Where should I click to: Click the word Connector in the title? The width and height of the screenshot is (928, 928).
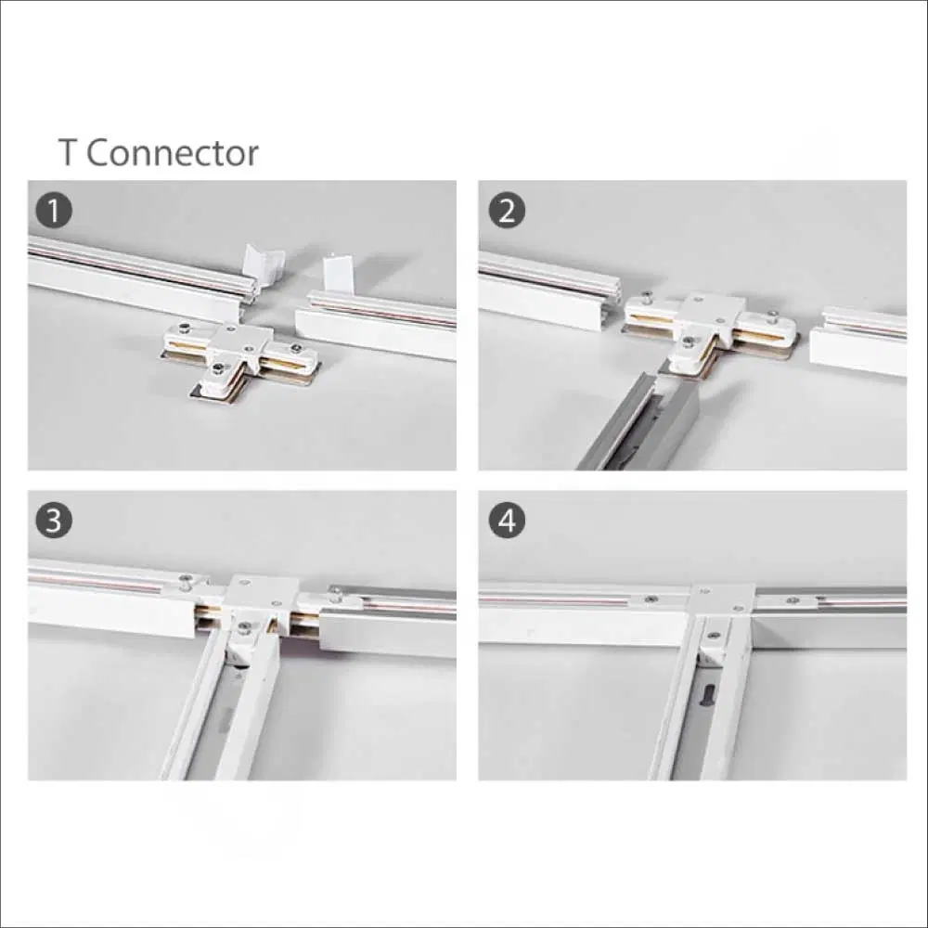point(173,153)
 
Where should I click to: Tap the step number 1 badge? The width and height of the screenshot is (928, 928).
point(54,211)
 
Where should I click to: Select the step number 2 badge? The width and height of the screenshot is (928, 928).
point(507,211)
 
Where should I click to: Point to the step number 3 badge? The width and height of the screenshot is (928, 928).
point(54,521)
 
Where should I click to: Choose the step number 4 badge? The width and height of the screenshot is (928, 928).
point(507,521)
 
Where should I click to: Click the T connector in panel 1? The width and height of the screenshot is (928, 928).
point(239,358)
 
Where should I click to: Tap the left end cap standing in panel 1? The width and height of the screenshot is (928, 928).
point(264,268)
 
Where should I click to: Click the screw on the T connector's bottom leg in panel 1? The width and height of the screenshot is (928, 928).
point(220,370)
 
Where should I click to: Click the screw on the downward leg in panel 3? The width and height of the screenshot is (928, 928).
point(244,626)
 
